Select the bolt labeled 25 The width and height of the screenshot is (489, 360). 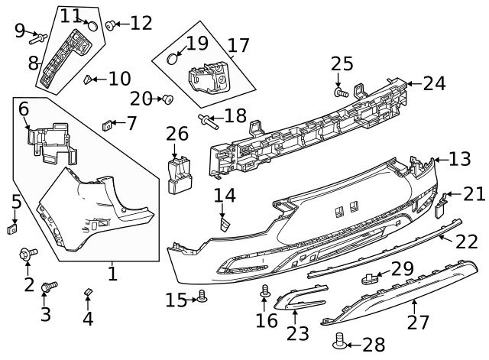click(340, 92)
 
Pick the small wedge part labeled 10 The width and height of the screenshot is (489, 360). click(89, 77)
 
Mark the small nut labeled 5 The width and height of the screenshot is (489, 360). click(13, 228)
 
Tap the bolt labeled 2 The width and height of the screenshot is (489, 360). click(28, 253)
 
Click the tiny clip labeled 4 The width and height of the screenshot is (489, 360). click(87, 292)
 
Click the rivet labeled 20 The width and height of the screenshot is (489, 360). click(167, 99)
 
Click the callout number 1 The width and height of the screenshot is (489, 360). click(112, 273)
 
